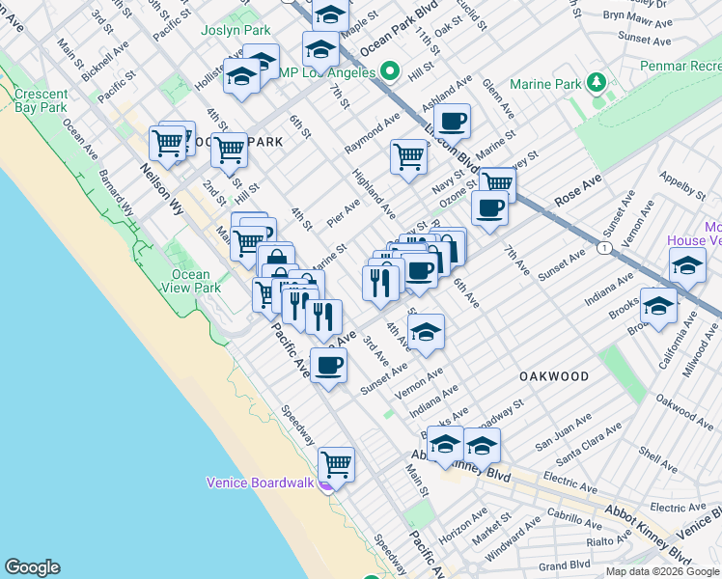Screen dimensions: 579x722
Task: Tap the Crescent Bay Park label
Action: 41,100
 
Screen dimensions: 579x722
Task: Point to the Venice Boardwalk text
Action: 261,482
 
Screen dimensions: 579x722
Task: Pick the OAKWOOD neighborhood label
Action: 553,375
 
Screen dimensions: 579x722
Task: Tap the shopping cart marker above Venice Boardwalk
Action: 336,464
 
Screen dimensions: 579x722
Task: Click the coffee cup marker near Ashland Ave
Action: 452,122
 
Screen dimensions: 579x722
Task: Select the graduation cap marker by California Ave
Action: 658,306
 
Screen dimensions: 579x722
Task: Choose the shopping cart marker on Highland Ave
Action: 409,155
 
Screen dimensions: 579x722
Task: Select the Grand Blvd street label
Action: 564,565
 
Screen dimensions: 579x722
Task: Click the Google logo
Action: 32,567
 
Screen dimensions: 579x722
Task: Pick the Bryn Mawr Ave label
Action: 629,16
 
